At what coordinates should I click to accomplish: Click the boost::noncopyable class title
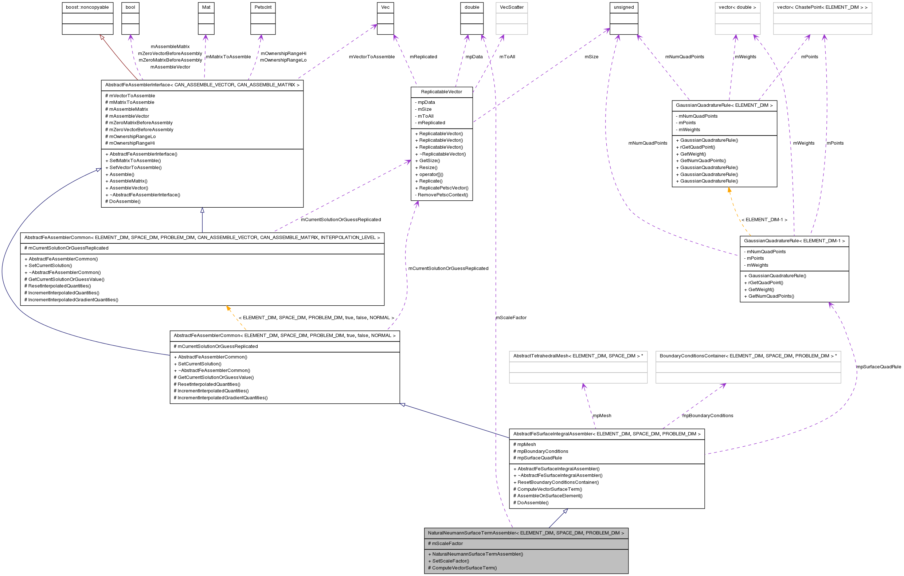tap(87, 8)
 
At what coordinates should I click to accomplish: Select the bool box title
tap(130, 8)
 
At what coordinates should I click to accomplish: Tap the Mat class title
tap(206, 8)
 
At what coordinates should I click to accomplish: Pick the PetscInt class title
tap(263, 8)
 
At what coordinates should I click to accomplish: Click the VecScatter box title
tap(511, 8)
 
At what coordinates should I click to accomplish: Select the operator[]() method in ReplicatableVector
tap(429, 175)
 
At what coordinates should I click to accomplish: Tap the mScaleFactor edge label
tap(511, 318)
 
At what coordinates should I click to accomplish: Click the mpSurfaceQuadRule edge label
tap(878, 367)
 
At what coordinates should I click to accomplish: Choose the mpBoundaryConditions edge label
tap(708, 416)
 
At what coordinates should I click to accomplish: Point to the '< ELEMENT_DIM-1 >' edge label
tap(764, 220)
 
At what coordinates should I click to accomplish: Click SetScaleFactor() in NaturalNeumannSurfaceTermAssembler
tap(449, 561)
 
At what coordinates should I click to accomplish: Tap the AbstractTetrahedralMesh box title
tap(578, 356)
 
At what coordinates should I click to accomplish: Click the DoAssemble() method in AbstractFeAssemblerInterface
tap(123, 201)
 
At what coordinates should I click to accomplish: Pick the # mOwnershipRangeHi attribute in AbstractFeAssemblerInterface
tap(130, 143)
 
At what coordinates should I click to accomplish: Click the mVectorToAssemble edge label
tap(372, 57)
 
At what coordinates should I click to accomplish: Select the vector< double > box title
tap(737, 8)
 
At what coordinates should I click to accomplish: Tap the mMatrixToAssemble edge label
tap(228, 57)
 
